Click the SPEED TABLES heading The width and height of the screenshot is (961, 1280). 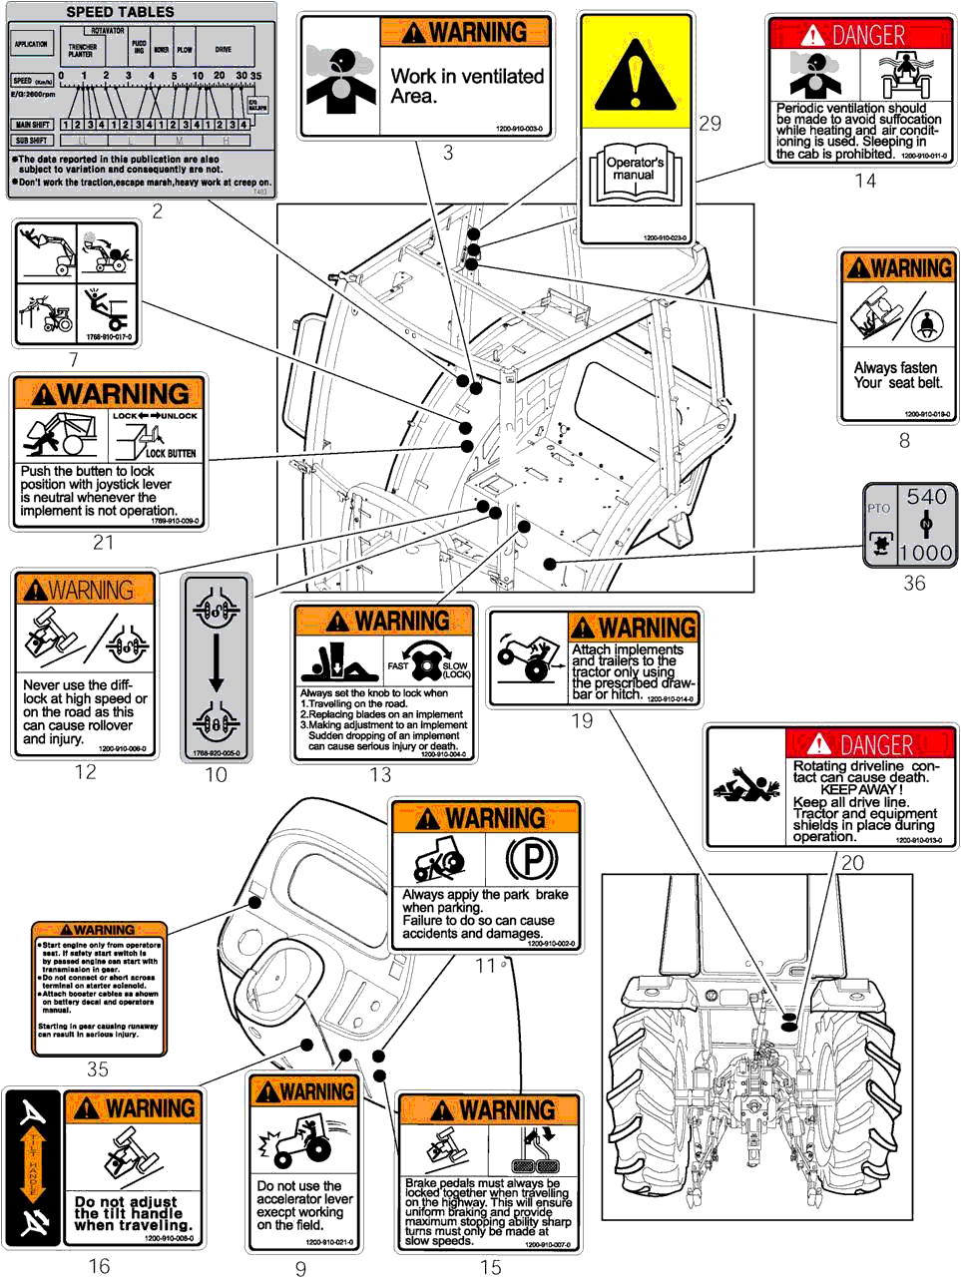pos(120,12)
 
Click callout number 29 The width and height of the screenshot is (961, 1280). pos(710,124)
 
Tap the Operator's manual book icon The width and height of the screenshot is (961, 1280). pos(635,174)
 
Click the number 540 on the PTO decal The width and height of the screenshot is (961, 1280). pos(926,497)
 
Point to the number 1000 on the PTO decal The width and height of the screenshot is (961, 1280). pos(925,553)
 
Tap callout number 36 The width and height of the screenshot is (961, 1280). pos(914,584)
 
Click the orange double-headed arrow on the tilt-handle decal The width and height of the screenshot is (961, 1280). pos(34,1165)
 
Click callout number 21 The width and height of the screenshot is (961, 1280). pos(104,543)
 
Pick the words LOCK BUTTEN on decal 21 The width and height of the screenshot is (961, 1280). pos(171,453)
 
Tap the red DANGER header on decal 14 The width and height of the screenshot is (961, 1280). pos(859,35)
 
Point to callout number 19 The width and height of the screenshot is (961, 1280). pos(582,721)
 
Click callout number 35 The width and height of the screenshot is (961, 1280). pos(98,1069)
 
